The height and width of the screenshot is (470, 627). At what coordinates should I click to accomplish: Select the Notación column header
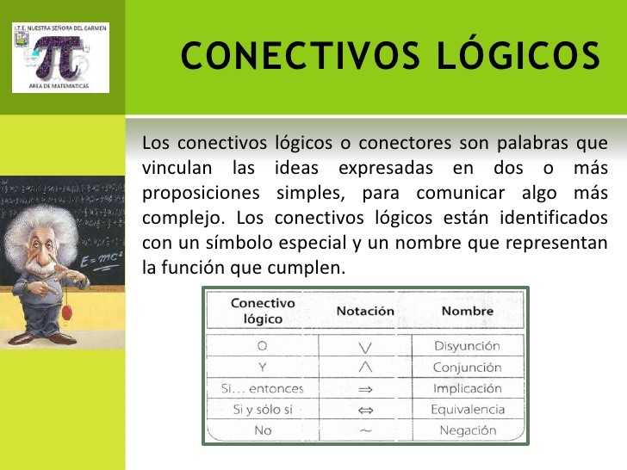pos(365,311)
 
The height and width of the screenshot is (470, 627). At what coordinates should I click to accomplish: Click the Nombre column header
pos(467,311)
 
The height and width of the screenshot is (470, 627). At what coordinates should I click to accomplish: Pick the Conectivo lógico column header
pos(263,311)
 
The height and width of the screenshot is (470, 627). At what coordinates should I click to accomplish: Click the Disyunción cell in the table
pos(467,346)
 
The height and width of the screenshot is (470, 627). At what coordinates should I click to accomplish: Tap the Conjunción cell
pos(467,368)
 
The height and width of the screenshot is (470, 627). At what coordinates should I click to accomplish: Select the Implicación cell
pos(467,388)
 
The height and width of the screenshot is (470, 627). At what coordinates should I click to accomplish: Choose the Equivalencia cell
pos(467,410)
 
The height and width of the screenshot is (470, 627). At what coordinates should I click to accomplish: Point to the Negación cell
pos(467,430)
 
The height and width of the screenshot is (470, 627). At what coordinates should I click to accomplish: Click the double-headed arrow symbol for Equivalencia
pos(365,410)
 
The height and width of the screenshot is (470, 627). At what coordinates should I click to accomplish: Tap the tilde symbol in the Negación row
pos(365,430)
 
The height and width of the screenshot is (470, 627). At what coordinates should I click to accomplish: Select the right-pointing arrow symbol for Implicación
pos(365,389)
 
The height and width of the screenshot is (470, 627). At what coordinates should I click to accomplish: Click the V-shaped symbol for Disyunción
pos(365,347)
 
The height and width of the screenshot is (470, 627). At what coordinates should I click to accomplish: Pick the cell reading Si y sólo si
pos(263,410)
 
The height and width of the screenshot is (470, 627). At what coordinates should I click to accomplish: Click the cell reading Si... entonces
pos(263,388)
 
